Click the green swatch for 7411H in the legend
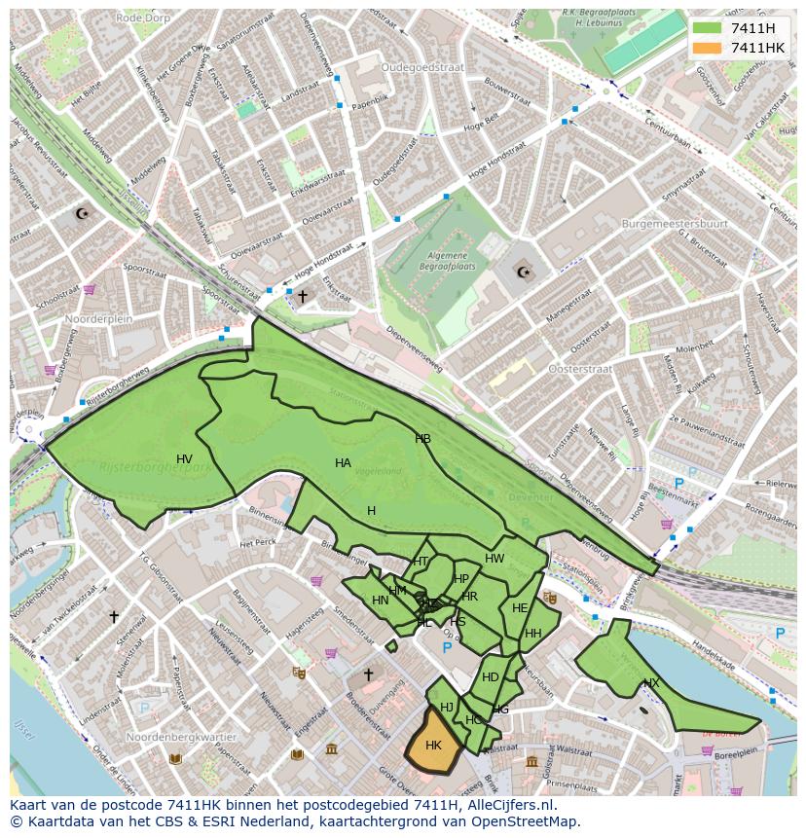(707, 27)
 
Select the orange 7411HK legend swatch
(707, 48)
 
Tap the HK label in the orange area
(434, 745)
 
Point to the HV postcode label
(184, 458)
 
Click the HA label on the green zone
(343, 463)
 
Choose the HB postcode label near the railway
(422, 439)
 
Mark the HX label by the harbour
(651, 683)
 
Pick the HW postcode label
(495, 559)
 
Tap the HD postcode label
(491, 677)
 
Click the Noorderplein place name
(97, 319)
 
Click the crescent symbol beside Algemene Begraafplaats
(524, 272)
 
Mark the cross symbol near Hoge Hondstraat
(303, 296)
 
